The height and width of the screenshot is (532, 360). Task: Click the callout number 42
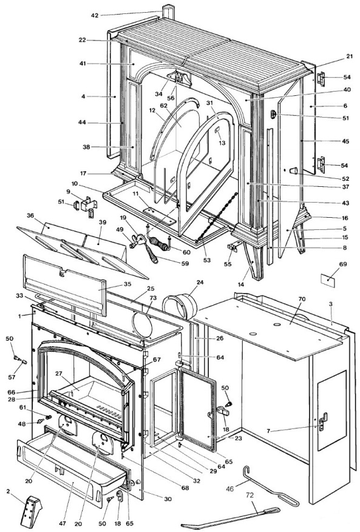tap(95, 15)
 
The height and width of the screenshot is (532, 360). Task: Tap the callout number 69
tap(343, 264)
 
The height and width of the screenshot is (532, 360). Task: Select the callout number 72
tap(250, 496)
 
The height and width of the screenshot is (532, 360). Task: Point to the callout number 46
tap(230, 489)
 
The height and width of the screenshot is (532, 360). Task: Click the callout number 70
tap(302, 299)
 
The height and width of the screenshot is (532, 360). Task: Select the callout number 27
tap(59, 373)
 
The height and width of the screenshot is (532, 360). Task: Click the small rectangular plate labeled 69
tap(328, 281)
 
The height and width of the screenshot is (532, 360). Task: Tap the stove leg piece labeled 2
tap(32, 512)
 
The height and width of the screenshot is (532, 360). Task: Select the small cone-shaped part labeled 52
tap(293, 170)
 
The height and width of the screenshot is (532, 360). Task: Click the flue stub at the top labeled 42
tap(168, 12)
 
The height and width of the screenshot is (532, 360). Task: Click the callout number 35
tap(127, 284)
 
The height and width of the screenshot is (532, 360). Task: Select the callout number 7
tap(268, 431)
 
